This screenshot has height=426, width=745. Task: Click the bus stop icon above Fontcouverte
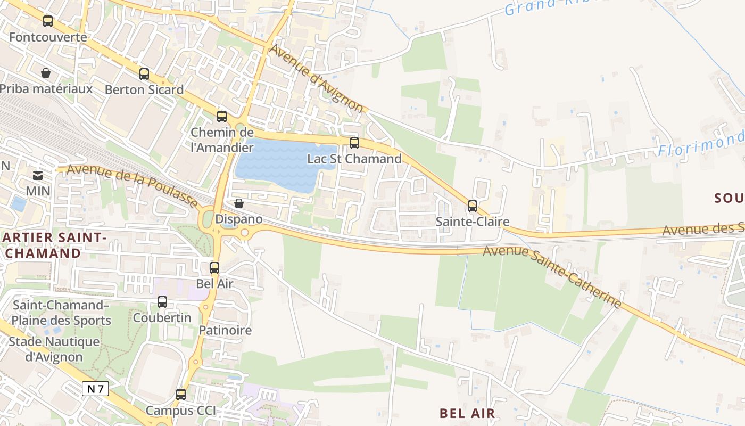pos(48,21)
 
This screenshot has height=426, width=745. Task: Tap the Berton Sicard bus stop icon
pos(144,74)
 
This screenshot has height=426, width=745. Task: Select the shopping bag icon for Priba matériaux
pos(46,73)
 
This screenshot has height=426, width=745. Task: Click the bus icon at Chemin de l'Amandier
pos(222,117)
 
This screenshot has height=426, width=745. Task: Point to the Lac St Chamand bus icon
pos(354,143)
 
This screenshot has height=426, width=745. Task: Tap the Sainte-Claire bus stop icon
pos(473,206)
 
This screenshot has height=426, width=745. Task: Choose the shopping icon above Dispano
pos(239,203)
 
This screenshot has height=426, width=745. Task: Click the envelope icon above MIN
pos(38,175)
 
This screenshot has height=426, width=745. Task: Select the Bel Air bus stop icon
pos(214,268)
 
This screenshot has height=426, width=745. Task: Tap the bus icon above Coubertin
pos(162,302)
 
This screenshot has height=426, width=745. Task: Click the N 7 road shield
pos(96,389)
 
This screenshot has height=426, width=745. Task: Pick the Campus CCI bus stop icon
pos(181,395)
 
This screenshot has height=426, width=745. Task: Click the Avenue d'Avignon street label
pos(318,78)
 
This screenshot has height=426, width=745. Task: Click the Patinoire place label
pos(225,330)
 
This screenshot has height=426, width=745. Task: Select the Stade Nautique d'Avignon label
pos(54,349)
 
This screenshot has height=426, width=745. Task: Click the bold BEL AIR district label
pos(467,413)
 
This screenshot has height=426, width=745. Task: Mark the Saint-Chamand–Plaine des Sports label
pos(61,313)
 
